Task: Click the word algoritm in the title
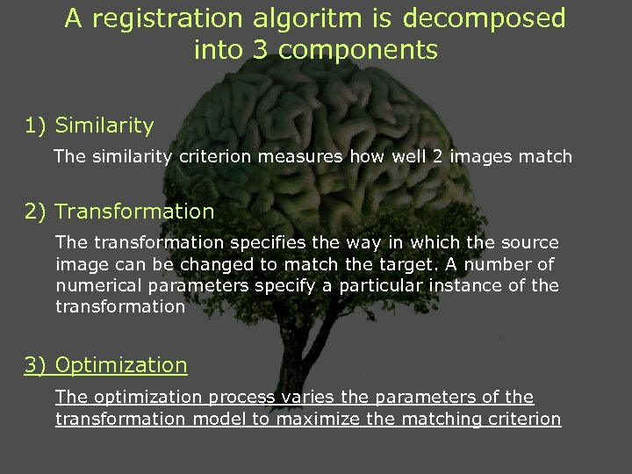pos(303,18)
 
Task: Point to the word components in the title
pos(359,50)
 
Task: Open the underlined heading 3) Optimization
pos(105,365)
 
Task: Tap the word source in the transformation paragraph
pos(532,241)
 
